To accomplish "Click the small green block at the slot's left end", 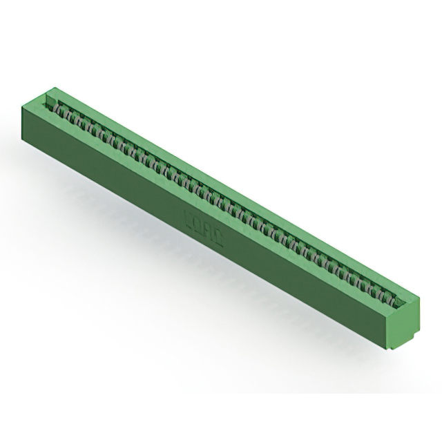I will click(49, 102).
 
